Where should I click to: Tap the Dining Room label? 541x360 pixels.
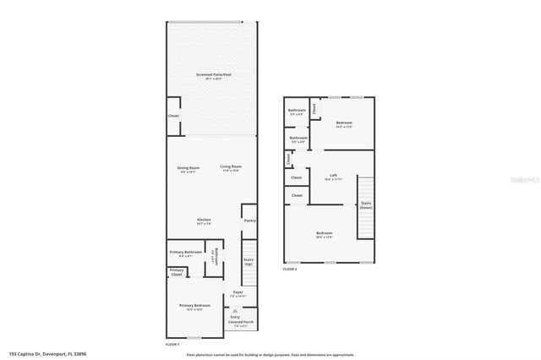coord(188,168)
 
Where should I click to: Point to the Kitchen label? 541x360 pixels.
coord(204,221)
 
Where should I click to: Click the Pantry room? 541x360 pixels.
coord(249,221)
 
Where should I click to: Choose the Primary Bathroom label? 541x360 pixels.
coord(184,254)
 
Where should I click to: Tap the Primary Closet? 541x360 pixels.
coord(176,272)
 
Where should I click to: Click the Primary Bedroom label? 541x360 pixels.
coord(194,307)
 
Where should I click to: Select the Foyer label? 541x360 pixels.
coord(238,294)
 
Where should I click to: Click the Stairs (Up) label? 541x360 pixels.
coord(249,262)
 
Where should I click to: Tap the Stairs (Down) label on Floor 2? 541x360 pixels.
coord(365,205)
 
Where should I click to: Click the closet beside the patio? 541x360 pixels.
coord(173,116)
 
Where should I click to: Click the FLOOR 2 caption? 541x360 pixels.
coord(290,268)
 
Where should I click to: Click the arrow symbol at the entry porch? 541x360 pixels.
coord(235,311)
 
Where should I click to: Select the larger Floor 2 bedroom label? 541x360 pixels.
coord(324,234)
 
